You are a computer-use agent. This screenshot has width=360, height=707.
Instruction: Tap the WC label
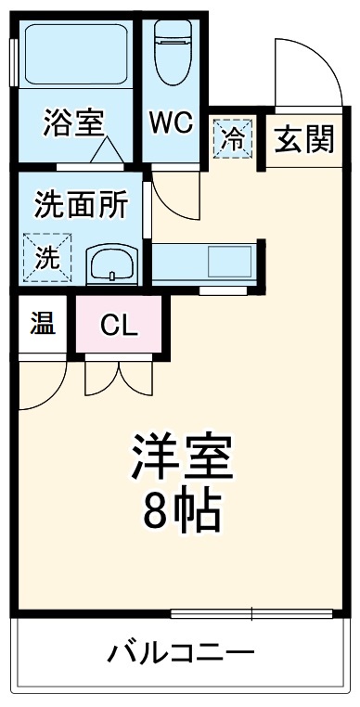click(x=172, y=123)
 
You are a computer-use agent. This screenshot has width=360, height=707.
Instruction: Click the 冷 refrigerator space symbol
click(x=233, y=139)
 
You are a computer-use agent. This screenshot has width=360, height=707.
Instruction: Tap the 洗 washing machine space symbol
click(x=45, y=254)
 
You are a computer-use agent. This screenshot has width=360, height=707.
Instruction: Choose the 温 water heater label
click(x=42, y=324)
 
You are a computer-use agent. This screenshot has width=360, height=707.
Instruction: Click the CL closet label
click(x=120, y=325)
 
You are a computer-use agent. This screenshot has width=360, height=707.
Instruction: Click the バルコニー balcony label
click(x=180, y=653)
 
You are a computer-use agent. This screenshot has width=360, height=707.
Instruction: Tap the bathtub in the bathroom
click(x=74, y=56)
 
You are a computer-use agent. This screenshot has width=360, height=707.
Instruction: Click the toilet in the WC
click(x=174, y=46)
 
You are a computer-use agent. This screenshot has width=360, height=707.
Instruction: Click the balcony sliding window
click(x=251, y=612)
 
